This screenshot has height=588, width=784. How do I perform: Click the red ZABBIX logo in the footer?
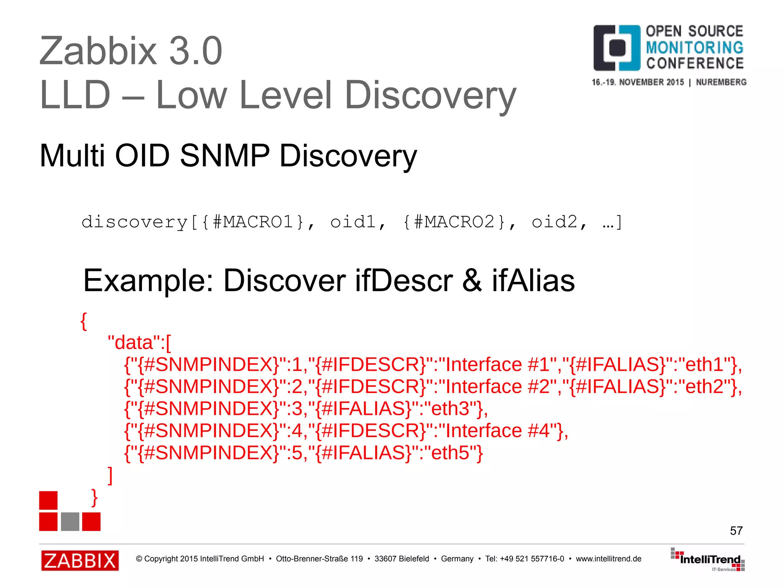click(x=80, y=560)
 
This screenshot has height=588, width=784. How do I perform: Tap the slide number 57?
click(x=736, y=531)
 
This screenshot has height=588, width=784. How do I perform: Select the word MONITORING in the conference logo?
click(x=694, y=47)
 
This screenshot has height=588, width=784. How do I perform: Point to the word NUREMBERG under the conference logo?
click(x=721, y=82)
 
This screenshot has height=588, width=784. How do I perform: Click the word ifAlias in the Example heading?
click(x=533, y=280)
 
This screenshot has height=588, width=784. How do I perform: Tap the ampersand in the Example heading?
click(x=472, y=280)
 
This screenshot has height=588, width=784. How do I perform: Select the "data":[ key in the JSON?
click(x=139, y=342)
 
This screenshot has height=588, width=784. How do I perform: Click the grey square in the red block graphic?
click(x=70, y=521)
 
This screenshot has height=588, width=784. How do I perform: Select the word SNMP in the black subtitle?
click(x=225, y=156)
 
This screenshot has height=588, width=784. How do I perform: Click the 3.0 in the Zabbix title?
click(x=195, y=51)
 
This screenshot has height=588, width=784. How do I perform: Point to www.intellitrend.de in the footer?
click(x=608, y=559)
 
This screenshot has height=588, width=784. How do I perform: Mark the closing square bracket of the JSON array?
click(x=110, y=475)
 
